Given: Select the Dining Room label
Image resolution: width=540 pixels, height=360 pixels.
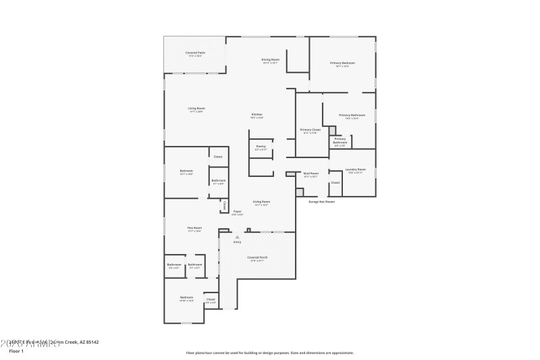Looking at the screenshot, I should tap(271, 59).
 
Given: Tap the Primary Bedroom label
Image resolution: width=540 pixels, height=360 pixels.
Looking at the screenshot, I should tap(342, 63).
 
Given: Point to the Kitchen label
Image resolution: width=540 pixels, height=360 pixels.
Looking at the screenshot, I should tap(257, 115).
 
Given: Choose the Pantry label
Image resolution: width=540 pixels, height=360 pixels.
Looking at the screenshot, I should tap(261, 146).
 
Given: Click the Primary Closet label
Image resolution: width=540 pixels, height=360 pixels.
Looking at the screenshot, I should tap(310, 130).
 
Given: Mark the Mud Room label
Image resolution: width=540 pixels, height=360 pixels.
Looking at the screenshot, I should tap(310, 174).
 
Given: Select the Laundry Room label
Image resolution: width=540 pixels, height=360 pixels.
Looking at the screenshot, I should tap(356, 170).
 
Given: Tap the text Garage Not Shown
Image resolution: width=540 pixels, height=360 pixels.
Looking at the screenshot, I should tap(321, 201).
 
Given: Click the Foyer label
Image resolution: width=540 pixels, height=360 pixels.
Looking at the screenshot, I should tap(238, 211).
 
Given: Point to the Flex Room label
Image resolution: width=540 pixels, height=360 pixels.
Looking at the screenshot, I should tap(194, 228).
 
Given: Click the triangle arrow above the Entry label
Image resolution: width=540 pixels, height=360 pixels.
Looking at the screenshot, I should tap(237, 237).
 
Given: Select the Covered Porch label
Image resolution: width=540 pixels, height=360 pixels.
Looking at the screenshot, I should tap(256, 257).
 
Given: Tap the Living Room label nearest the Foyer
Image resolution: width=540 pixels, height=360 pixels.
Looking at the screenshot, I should tap(261, 202).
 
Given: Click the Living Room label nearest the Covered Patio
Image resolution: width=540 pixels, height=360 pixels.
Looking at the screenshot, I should tap(196, 108).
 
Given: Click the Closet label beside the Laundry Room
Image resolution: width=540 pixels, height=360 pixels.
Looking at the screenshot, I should tap(335, 182).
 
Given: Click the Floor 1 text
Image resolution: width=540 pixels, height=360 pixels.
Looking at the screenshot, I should tap(16, 351).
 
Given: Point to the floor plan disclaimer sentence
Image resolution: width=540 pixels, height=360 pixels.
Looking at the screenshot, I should tap(269, 353).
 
